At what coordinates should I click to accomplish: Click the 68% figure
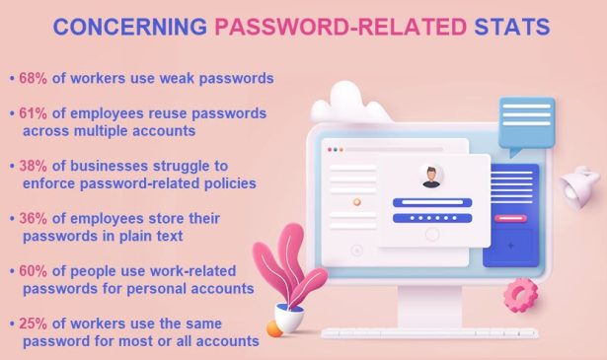tap(33, 76)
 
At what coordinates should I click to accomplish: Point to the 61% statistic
tap(33, 113)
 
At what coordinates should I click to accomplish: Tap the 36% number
tap(33, 218)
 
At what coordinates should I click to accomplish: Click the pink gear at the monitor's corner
tap(519, 294)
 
